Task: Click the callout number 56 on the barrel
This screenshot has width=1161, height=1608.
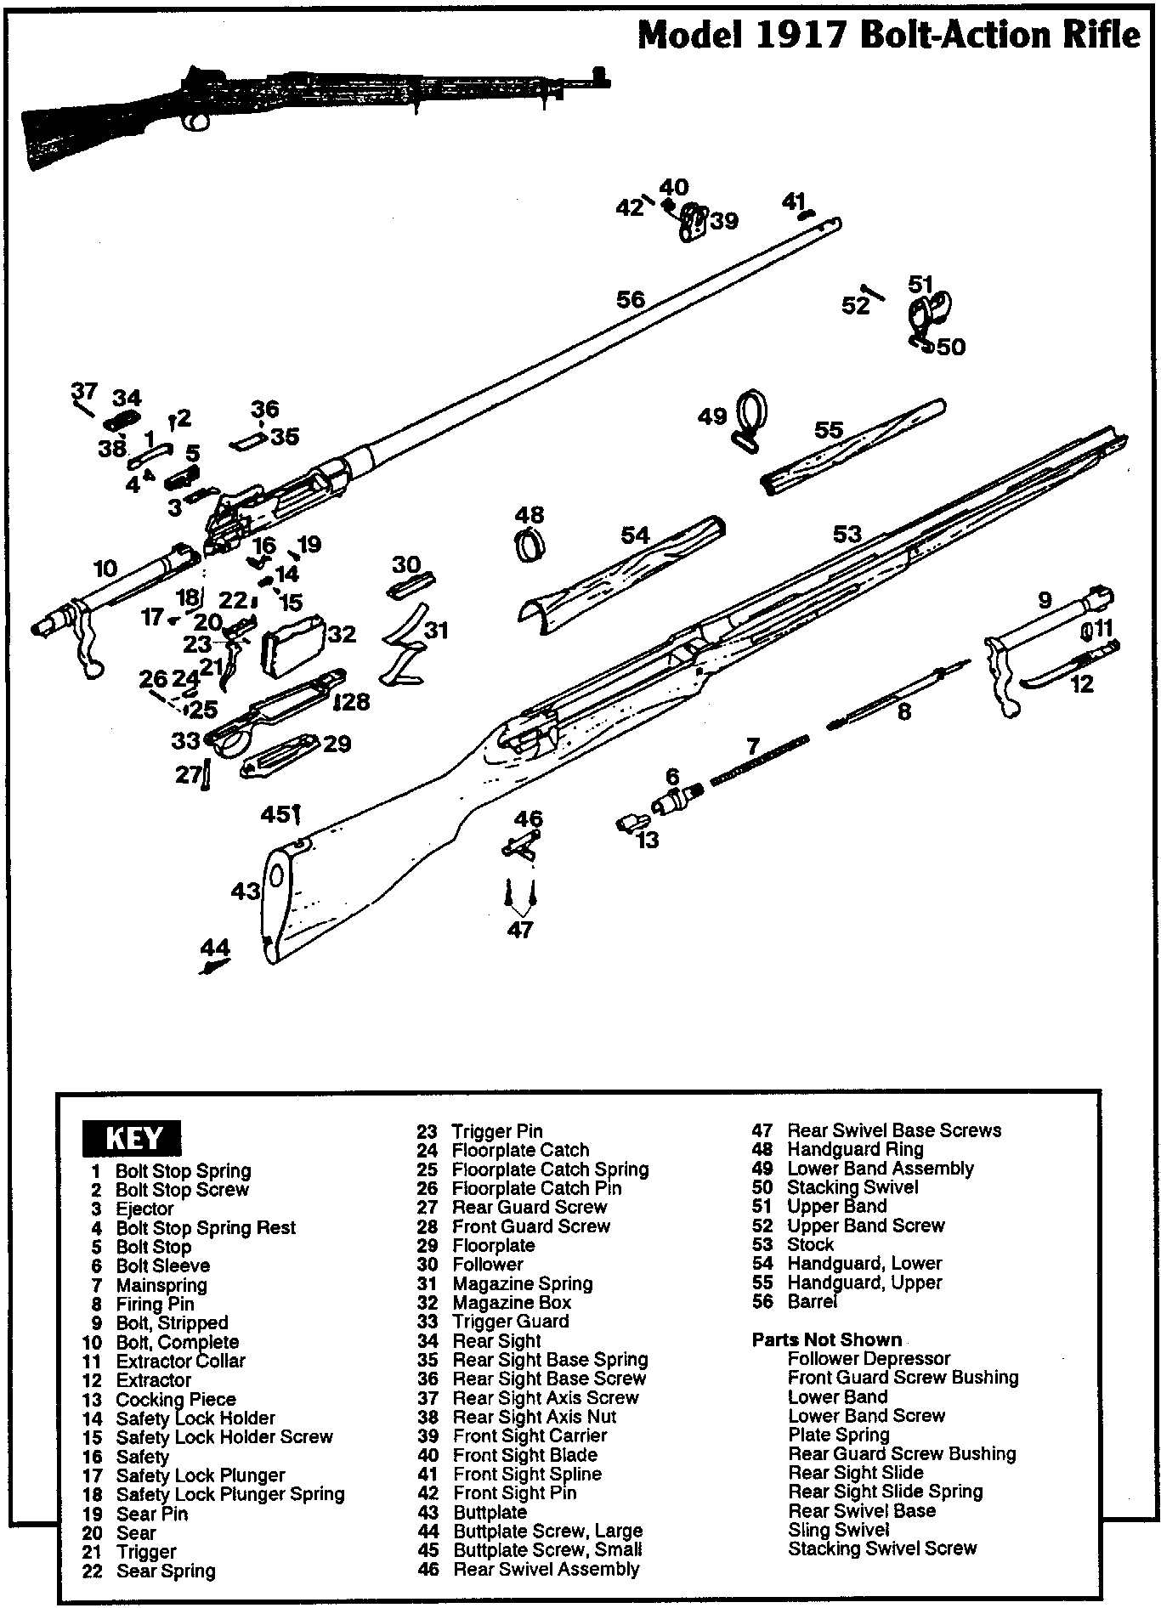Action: pyautogui.click(x=631, y=299)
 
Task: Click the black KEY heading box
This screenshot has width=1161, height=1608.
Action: pyautogui.click(x=133, y=1139)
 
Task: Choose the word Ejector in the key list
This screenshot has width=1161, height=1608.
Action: pyautogui.click(x=144, y=1209)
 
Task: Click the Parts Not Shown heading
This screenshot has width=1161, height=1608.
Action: pyautogui.click(x=826, y=1340)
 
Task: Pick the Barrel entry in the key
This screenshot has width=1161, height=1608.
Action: pyautogui.click(x=812, y=1301)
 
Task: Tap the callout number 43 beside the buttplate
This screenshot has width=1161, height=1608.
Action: pyautogui.click(x=246, y=892)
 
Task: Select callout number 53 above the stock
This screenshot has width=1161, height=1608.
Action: pyautogui.click(x=847, y=534)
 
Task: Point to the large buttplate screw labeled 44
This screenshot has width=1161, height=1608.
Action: pyautogui.click(x=215, y=965)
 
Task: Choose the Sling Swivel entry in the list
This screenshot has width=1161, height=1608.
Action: pyautogui.click(x=839, y=1530)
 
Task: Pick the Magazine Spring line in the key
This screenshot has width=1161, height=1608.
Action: pyautogui.click(x=522, y=1283)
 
